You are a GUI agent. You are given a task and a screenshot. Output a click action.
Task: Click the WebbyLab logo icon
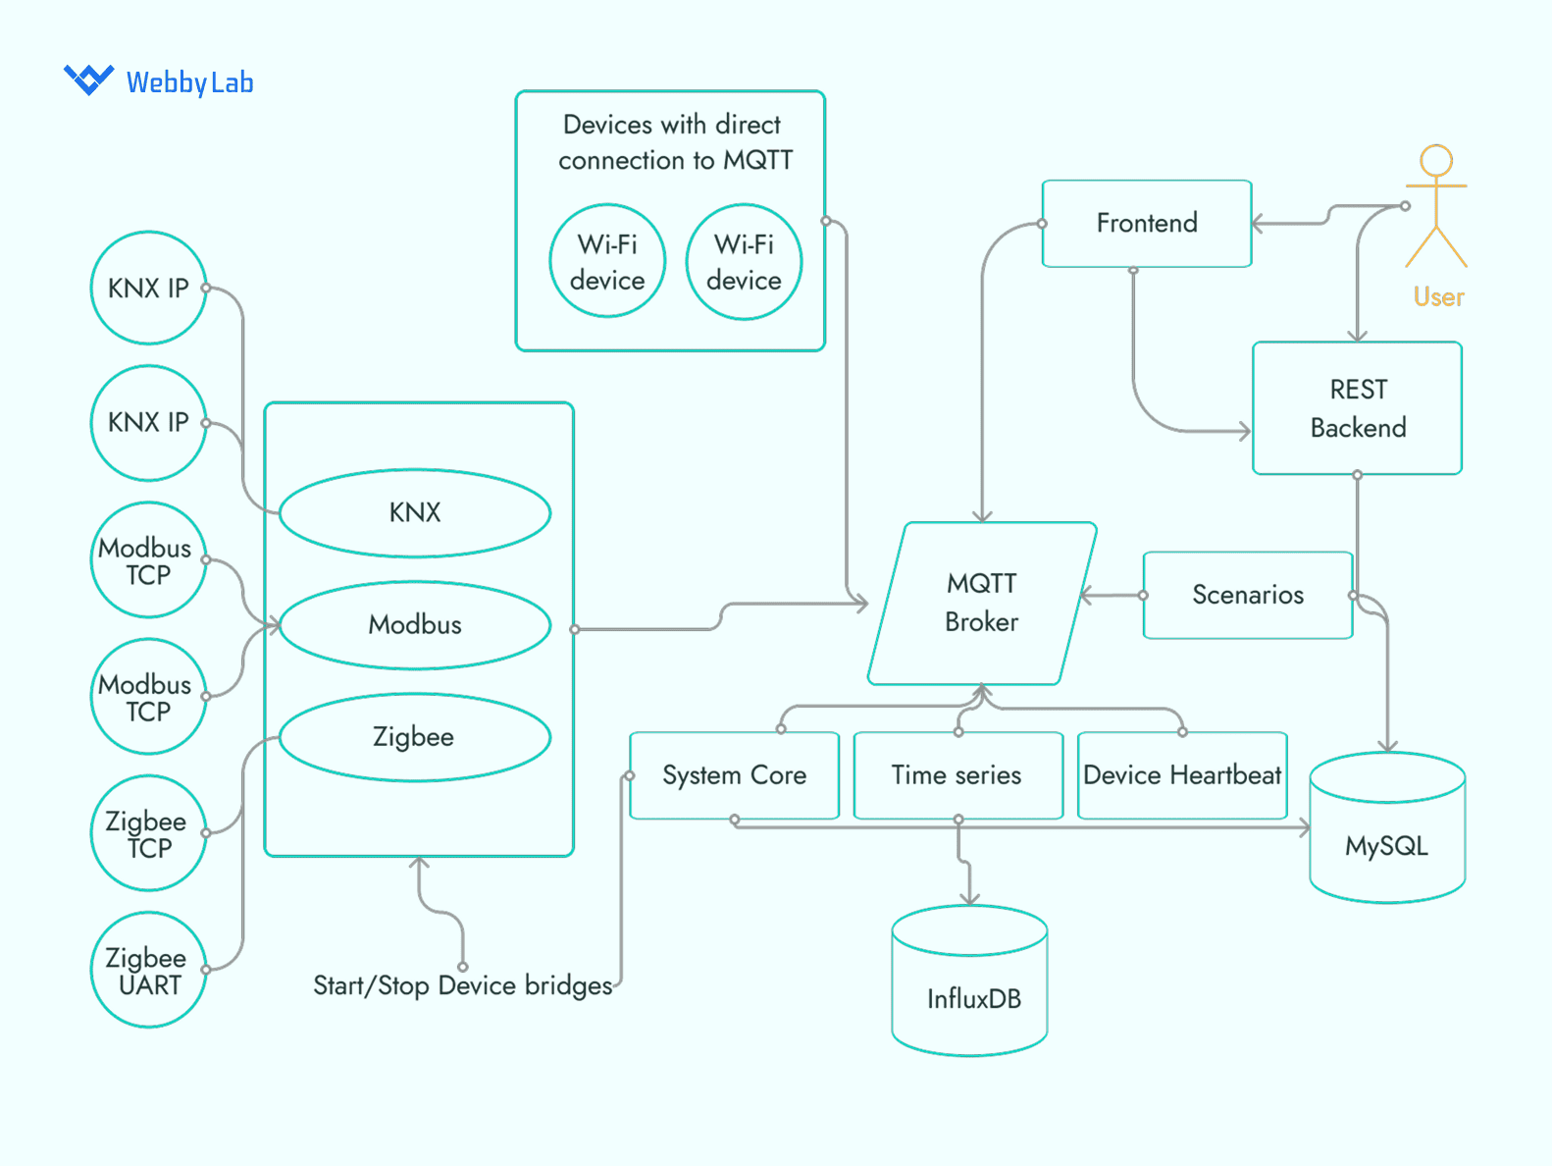tap(88, 79)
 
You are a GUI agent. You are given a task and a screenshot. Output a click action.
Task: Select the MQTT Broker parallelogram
tap(982, 603)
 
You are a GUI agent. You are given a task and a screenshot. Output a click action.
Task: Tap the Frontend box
tap(1146, 224)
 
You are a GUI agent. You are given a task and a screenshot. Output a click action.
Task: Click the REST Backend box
tap(1357, 408)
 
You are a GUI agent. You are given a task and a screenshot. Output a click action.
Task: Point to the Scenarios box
tap(1247, 595)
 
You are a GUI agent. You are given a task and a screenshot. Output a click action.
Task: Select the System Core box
tap(734, 775)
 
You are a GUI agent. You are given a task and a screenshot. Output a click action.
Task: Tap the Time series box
tap(957, 775)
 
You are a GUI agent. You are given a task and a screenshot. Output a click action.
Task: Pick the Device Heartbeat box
tap(1182, 775)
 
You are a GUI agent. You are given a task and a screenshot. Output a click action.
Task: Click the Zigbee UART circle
tap(148, 970)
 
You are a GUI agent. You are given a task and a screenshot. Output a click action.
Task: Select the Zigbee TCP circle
tap(148, 833)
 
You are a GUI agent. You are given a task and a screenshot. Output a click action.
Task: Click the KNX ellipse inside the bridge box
tap(415, 512)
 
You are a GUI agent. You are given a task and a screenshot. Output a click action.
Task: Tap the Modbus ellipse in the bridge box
tap(415, 625)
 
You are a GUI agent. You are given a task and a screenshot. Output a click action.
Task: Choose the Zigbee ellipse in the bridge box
tap(415, 737)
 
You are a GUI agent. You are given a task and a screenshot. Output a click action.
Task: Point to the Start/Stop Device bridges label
tap(462, 985)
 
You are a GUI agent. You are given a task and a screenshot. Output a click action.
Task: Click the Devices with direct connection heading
tap(674, 142)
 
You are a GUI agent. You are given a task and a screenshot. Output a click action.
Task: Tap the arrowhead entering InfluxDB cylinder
tap(969, 898)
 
